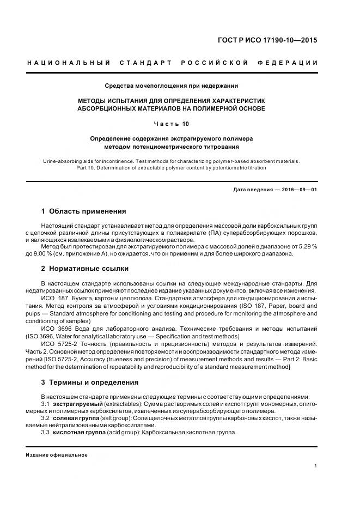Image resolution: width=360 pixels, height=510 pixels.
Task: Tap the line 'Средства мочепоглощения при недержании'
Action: (172, 86)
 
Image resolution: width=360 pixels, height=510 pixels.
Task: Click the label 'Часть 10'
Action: (172, 124)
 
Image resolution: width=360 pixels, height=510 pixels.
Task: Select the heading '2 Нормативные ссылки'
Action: (84, 268)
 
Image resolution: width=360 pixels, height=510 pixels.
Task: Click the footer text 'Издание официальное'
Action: (57, 455)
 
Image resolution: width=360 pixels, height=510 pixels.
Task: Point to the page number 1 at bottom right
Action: (315, 466)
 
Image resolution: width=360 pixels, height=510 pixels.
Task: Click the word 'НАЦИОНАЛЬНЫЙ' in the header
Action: (69, 63)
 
